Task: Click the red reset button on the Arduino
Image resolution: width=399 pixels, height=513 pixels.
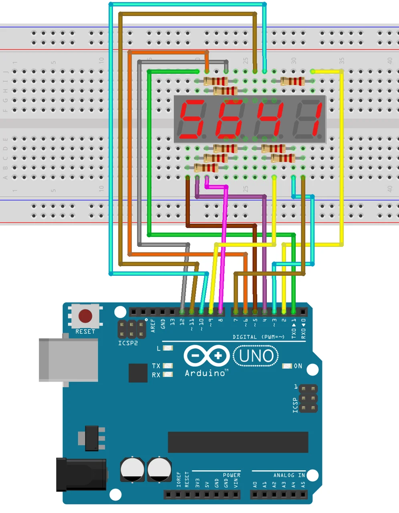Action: click(85, 316)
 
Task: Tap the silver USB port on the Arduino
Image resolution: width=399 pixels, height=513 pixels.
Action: click(69, 360)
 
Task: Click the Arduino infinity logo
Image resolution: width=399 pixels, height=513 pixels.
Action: click(206, 355)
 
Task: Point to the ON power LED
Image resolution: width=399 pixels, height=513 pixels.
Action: click(287, 366)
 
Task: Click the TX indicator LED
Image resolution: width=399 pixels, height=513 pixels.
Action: click(168, 366)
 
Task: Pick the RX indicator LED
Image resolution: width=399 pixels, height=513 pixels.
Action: click(168, 374)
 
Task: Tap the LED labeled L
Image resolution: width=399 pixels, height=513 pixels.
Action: click(168, 348)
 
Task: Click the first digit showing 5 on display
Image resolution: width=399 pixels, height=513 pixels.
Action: click(192, 119)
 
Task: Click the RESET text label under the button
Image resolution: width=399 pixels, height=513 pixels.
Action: click(85, 331)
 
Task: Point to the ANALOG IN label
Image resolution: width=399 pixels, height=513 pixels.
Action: click(289, 475)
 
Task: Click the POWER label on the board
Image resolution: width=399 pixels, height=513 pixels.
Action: click(232, 475)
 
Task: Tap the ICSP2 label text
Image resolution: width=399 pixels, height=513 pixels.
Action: click(128, 343)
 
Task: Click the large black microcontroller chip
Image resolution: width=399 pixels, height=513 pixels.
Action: click(238, 442)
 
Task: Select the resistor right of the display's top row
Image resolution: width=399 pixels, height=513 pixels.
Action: click(292, 81)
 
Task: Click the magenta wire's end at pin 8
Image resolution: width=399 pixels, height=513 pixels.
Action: click(221, 311)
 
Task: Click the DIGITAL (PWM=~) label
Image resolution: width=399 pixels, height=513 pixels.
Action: click(258, 337)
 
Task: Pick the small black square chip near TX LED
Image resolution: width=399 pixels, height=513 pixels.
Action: click(138, 373)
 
